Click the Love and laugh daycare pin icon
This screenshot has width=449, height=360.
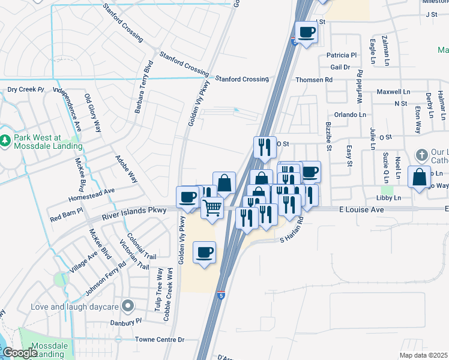[127, 307]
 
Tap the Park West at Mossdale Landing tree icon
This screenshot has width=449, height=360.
[5, 140]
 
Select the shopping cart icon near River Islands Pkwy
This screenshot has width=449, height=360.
[212, 208]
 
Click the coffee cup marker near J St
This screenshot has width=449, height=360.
[306, 32]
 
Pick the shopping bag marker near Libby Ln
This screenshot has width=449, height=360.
[420, 177]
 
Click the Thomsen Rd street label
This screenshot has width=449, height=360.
[313, 80]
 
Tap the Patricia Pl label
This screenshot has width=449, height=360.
[342, 55]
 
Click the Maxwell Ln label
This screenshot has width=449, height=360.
[393, 92]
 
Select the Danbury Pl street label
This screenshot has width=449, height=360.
[126, 321]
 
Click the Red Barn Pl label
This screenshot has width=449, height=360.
[66, 215]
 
